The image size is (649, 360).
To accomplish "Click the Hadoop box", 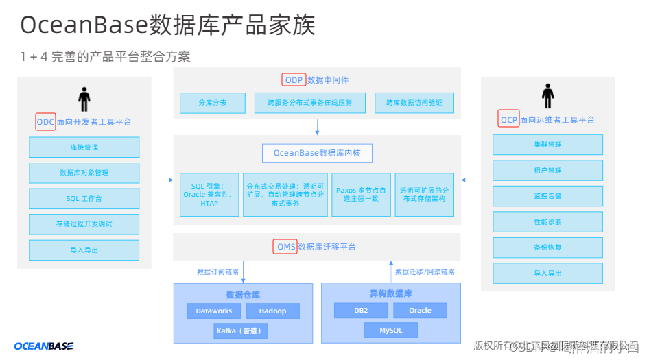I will coord(272,311).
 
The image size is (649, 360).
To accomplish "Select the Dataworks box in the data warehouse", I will coord(214,311).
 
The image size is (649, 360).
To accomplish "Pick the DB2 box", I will coord(361,310).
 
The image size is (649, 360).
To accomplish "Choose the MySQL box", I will coord(391,331).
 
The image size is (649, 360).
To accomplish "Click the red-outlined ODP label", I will coord(294,80).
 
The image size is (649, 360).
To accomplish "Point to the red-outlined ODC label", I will coord(45,122).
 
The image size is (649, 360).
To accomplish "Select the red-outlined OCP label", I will coord(509,119).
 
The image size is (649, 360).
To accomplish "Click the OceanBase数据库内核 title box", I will coord(317,152).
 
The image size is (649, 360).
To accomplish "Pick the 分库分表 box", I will coord(212,103).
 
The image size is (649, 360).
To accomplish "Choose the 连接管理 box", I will coord(84,147).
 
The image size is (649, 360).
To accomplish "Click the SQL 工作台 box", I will coord(84,198).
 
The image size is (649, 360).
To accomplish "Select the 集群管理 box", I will coord(547,144).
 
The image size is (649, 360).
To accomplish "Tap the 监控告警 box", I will coord(547,195).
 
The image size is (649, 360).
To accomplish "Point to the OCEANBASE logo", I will coord(44,346).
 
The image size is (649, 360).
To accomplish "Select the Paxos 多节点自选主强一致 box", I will coord(362,195).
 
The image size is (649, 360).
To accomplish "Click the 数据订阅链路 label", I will coord(217,272).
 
